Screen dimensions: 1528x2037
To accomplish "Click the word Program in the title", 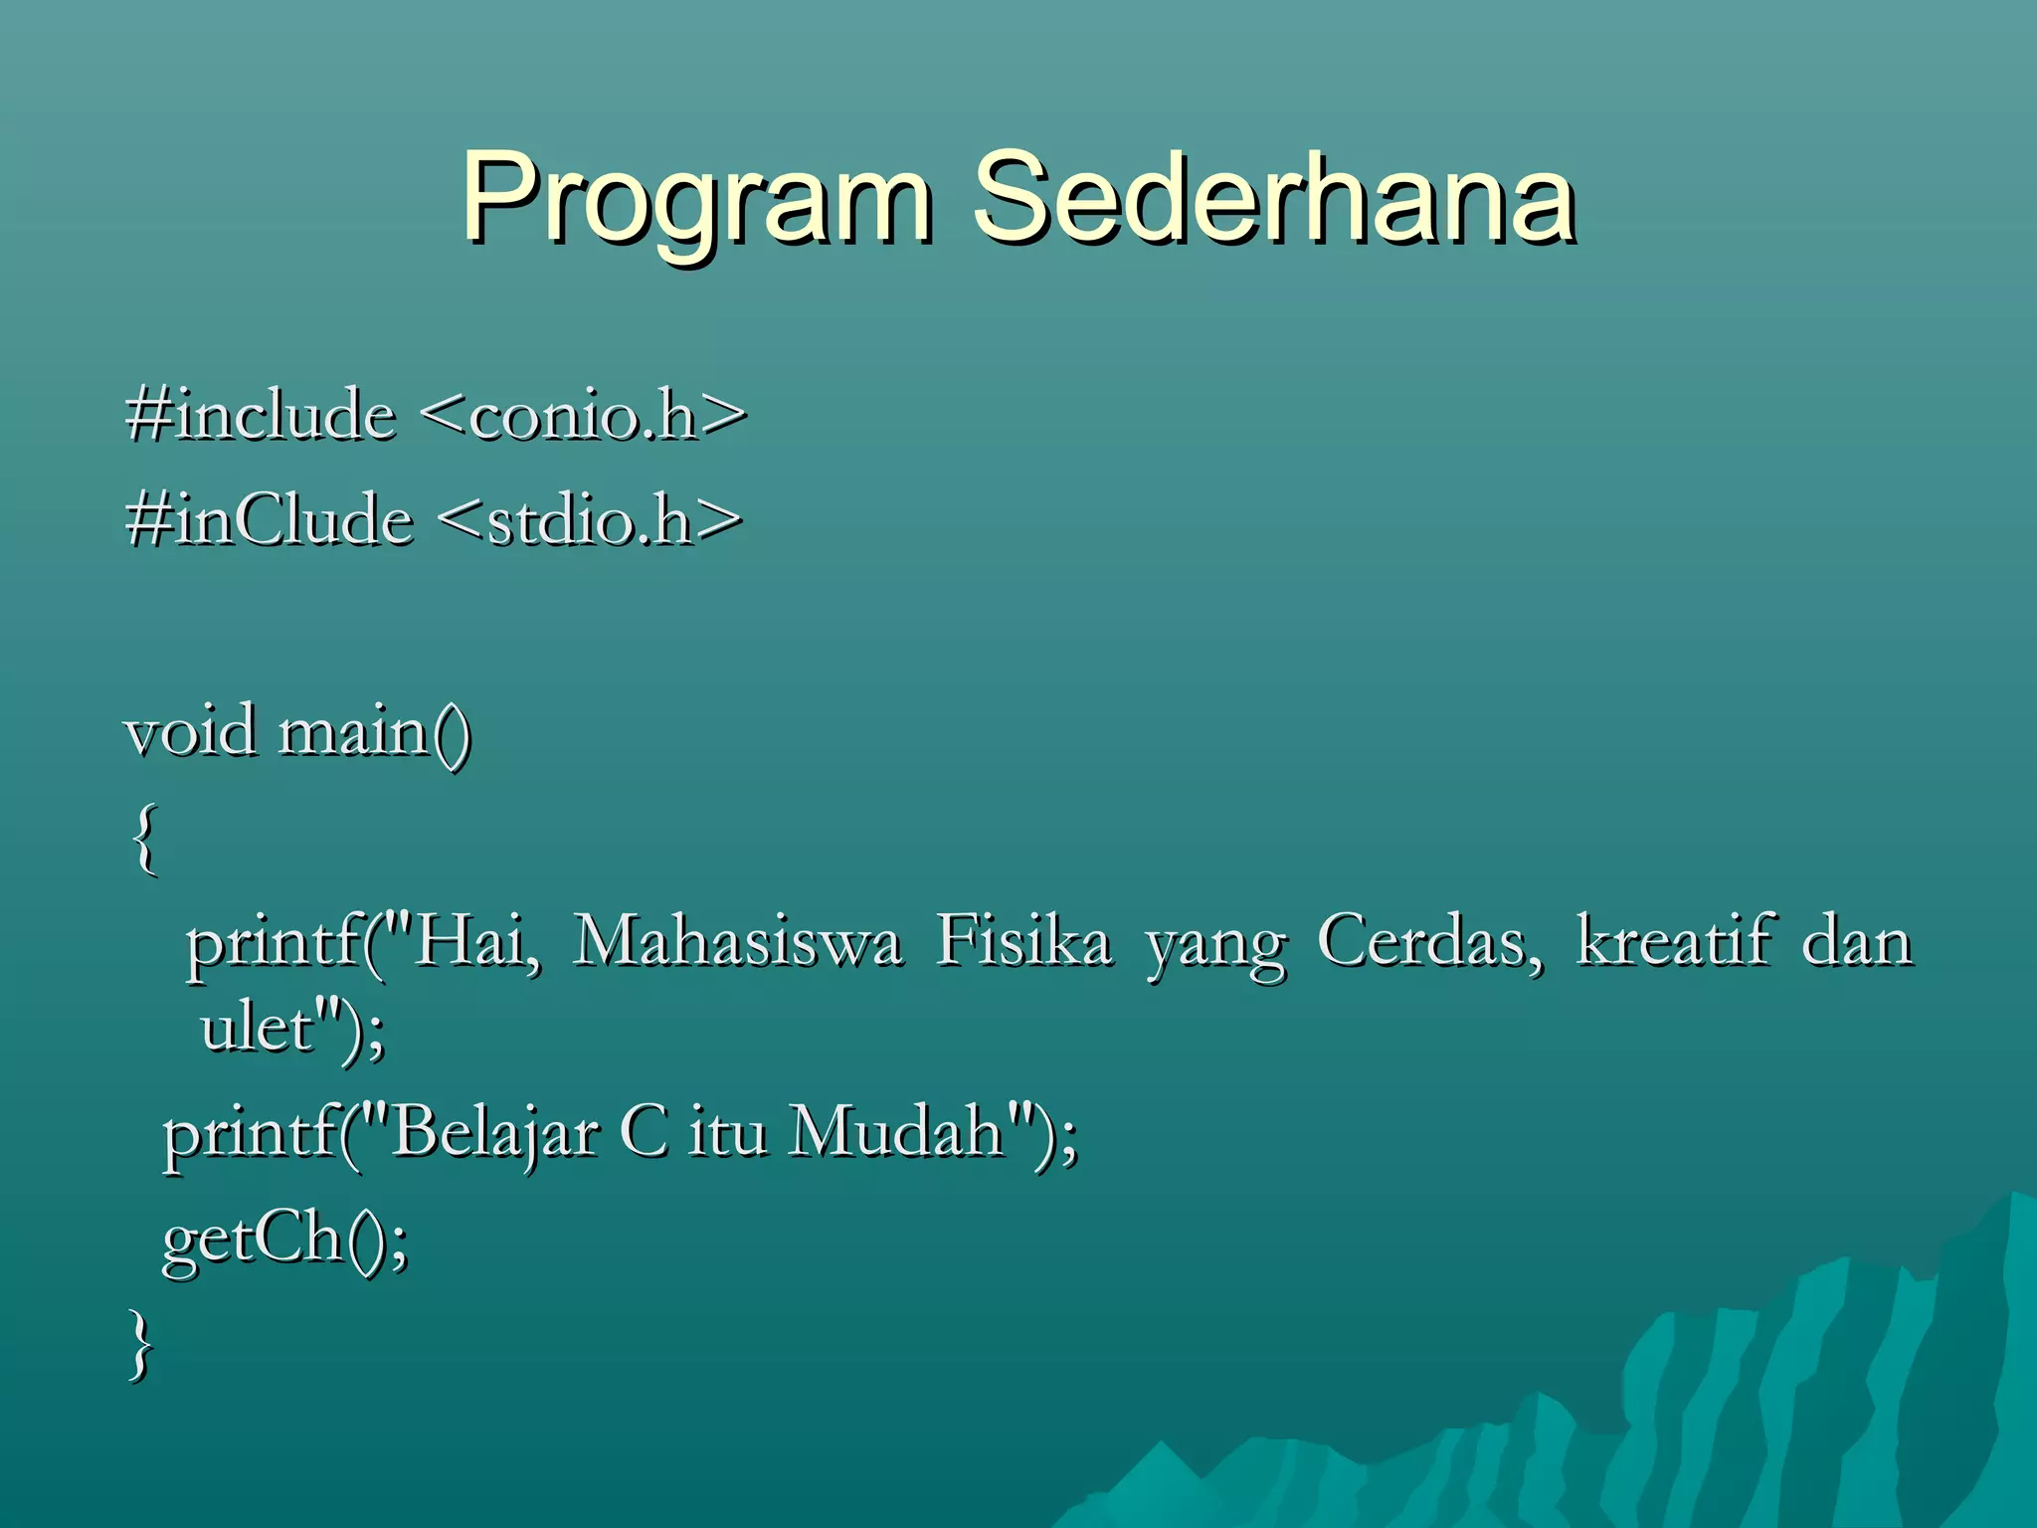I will [x=696, y=199].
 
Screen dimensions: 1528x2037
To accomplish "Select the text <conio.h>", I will [x=584, y=416].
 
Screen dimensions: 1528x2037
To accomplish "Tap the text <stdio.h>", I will [x=589, y=521].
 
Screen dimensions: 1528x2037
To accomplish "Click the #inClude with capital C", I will [x=269, y=521].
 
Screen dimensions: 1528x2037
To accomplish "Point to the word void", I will [x=190, y=732].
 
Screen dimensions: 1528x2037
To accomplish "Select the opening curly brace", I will [x=145, y=840].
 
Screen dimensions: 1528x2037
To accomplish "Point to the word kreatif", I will [x=1675, y=941].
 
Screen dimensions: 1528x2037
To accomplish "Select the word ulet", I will [x=257, y=1029].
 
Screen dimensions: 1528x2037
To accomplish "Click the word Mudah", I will [x=895, y=1133].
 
